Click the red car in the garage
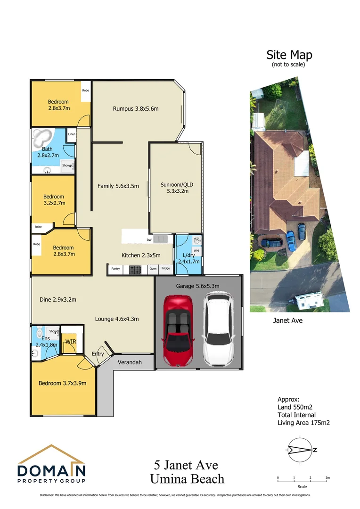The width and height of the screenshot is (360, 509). tap(177, 330)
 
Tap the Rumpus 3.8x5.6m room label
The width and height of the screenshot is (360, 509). tap(136, 109)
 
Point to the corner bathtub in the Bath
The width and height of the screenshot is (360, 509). tap(41, 139)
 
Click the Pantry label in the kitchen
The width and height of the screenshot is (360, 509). tap(115, 269)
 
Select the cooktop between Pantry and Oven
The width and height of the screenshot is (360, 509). tap(135, 269)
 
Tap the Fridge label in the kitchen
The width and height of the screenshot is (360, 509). tap(165, 269)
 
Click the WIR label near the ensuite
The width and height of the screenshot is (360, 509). tap(71, 341)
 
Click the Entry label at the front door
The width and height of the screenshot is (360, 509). tap(98, 354)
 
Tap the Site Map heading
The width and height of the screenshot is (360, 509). tap(289, 55)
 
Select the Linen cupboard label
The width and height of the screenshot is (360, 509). tap(71, 134)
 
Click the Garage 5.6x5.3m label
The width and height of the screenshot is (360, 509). tap(197, 286)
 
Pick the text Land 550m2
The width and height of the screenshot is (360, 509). tap(295, 407)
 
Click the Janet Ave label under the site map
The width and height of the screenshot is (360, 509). tap(287, 320)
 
